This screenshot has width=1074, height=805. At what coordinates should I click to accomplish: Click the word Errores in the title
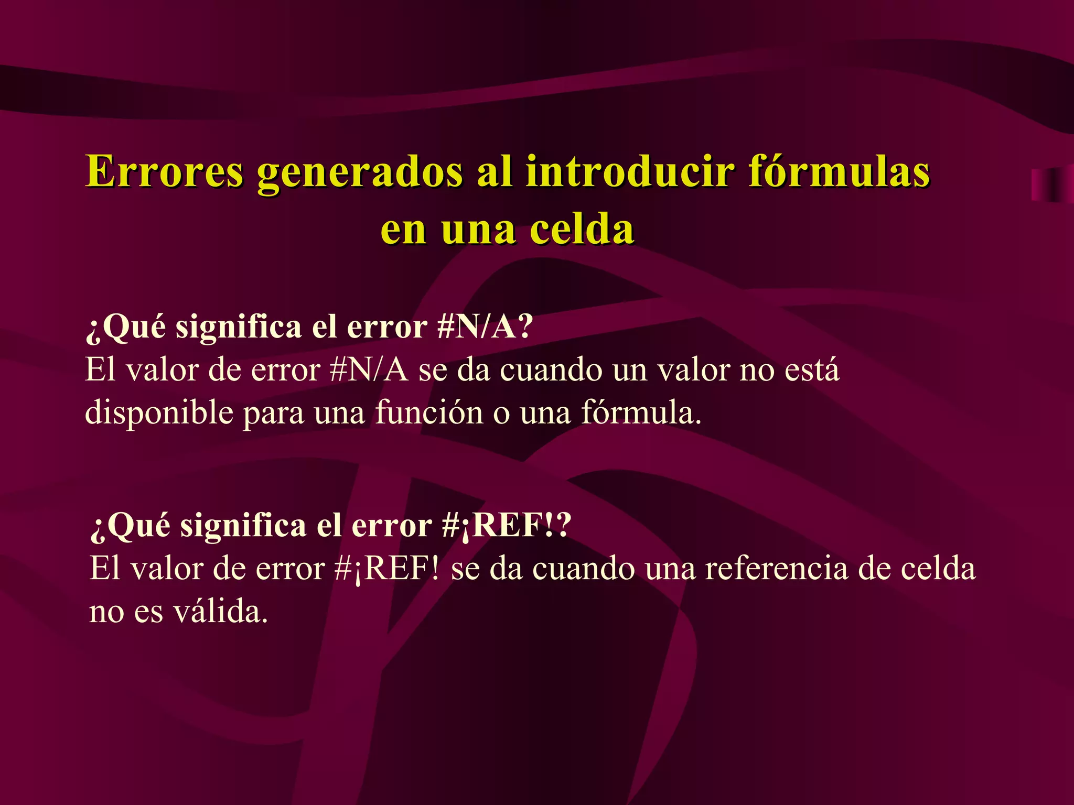coord(164,172)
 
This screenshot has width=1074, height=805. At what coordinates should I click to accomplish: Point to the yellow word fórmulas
coord(839,172)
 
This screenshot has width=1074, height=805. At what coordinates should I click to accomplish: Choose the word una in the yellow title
coord(478,231)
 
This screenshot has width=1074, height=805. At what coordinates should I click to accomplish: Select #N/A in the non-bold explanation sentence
coord(369,370)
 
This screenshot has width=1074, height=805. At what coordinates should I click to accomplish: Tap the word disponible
coord(159,413)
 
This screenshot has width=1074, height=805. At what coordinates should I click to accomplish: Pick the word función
coord(428,412)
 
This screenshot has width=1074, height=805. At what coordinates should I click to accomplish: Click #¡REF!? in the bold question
coord(506,525)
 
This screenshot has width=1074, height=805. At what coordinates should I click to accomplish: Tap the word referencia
coord(776,569)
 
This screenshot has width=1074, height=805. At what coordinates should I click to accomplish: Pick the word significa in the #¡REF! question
coord(243,526)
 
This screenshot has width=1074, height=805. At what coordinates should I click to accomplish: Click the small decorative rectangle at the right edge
coord(1052,185)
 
